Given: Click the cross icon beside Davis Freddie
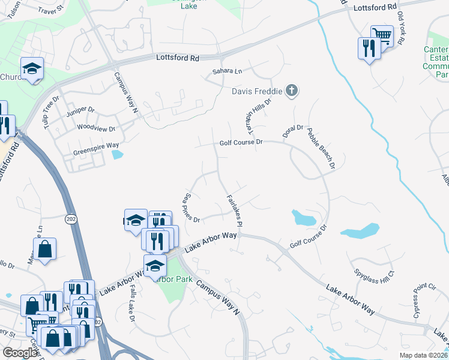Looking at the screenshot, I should (x=292, y=91).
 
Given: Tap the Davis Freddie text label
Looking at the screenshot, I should (x=258, y=92).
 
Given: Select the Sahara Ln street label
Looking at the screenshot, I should (x=227, y=71).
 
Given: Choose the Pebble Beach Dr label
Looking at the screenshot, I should (x=320, y=148).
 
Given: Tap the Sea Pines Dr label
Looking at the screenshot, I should (x=191, y=208).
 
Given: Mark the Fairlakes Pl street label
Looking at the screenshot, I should (x=234, y=209).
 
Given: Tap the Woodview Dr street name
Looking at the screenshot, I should (x=95, y=128).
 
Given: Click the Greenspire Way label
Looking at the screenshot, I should (x=96, y=145).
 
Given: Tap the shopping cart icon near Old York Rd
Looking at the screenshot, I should (x=382, y=35).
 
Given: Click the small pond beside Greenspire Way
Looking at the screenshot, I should (x=117, y=154).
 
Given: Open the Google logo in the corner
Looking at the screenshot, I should (x=20, y=353).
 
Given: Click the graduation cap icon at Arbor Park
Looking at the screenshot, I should (x=155, y=265).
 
